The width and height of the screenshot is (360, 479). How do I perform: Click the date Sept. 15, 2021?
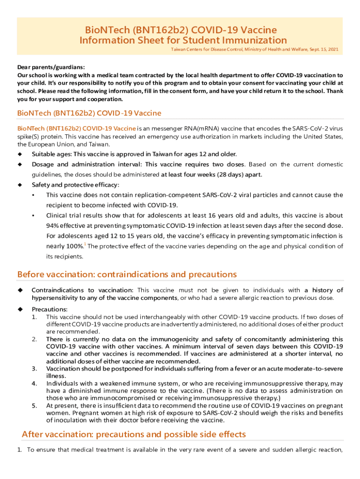(324, 49)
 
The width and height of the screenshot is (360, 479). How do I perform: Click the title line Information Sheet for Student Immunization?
(183, 40)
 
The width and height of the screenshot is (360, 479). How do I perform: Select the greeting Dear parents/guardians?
(51, 67)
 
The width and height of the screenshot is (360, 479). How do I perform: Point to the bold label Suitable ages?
(52, 154)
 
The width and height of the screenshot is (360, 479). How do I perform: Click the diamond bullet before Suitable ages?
(20, 154)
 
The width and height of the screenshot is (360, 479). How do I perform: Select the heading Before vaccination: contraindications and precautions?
(127, 274)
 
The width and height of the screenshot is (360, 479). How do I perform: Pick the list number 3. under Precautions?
(35, 369)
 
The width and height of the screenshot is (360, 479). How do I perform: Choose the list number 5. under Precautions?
(35, 406)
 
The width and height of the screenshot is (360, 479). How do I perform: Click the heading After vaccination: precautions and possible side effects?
(134, 435)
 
